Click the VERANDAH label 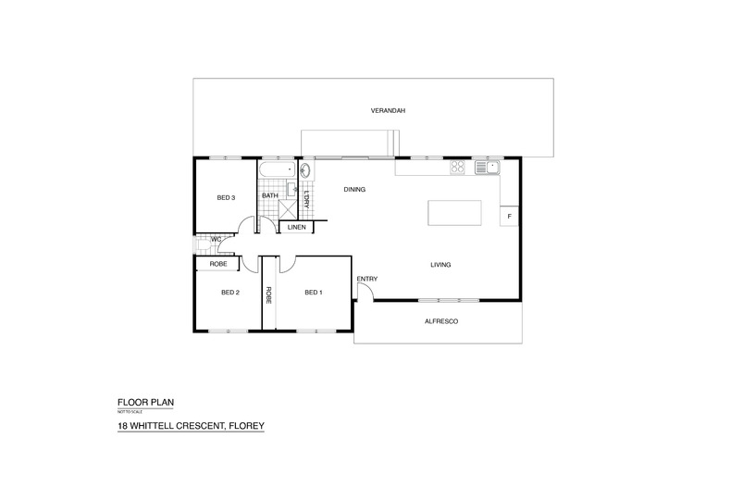(388, 111)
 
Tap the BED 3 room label (226, 198)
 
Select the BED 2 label (230, 293)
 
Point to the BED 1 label (314, 293)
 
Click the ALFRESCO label (441, 321)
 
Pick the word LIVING (440, 265)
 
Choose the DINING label (354, 190)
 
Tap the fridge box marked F (509, 217)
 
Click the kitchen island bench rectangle (454, 213)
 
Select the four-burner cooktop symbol (457, 167)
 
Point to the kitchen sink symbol (487, 167)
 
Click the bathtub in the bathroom (277, 169)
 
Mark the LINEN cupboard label (296, 227)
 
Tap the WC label (217, 239)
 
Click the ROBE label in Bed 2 (218, 264)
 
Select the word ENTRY (367, 279)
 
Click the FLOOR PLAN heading (145, 402)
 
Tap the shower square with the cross (287, 209)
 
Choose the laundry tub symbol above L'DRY (306, 170)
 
